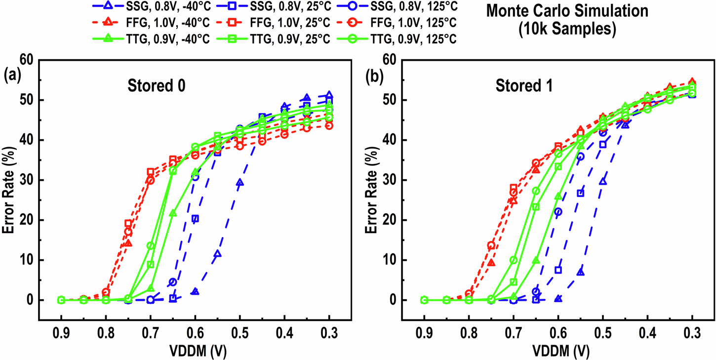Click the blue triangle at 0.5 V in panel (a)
tap(240, 182)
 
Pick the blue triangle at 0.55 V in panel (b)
tap(581, 272)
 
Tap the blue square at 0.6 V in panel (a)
tap(195, 218)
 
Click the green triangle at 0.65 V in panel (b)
tap(536, 260)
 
